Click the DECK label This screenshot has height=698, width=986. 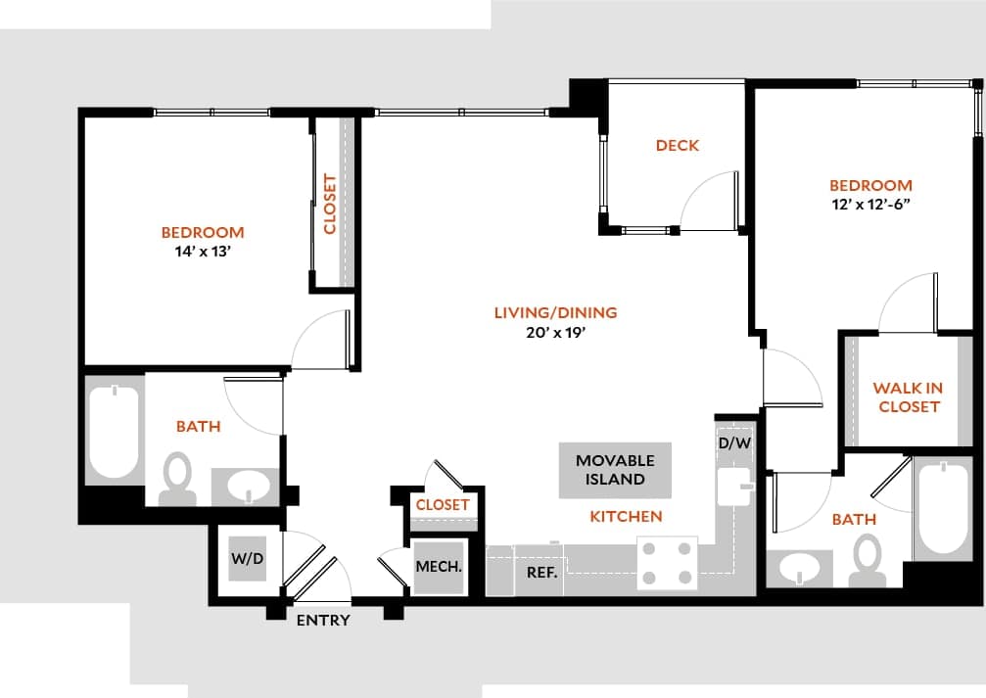pyautogui.click(x=677, y=146)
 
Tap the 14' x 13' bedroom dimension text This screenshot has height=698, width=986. pyautogui.click(x=203, y=251)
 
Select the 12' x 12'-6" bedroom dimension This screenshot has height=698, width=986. pyautogui.click(x=870, y=205)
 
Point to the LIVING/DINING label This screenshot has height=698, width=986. pyautogui.click(x=555, y=313)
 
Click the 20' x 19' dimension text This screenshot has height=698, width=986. pyautogui.click(x=555, y=332)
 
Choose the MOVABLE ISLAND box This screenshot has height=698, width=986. pyautogui.click(x=615, y=470)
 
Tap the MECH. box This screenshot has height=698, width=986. pyautogui.click(x=438, y=567)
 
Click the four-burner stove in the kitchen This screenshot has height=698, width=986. pyautogui.click(x=667, y=563)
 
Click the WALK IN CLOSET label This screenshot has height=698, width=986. pyautogui.click(x=908, y=396)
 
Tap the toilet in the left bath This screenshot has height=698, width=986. pyautogui.click(x=177, y=477)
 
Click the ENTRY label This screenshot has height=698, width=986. pyautogui.click(x=322, y=621)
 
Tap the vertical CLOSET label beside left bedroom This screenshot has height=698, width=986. pyautogui.click(x=330, y=204)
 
